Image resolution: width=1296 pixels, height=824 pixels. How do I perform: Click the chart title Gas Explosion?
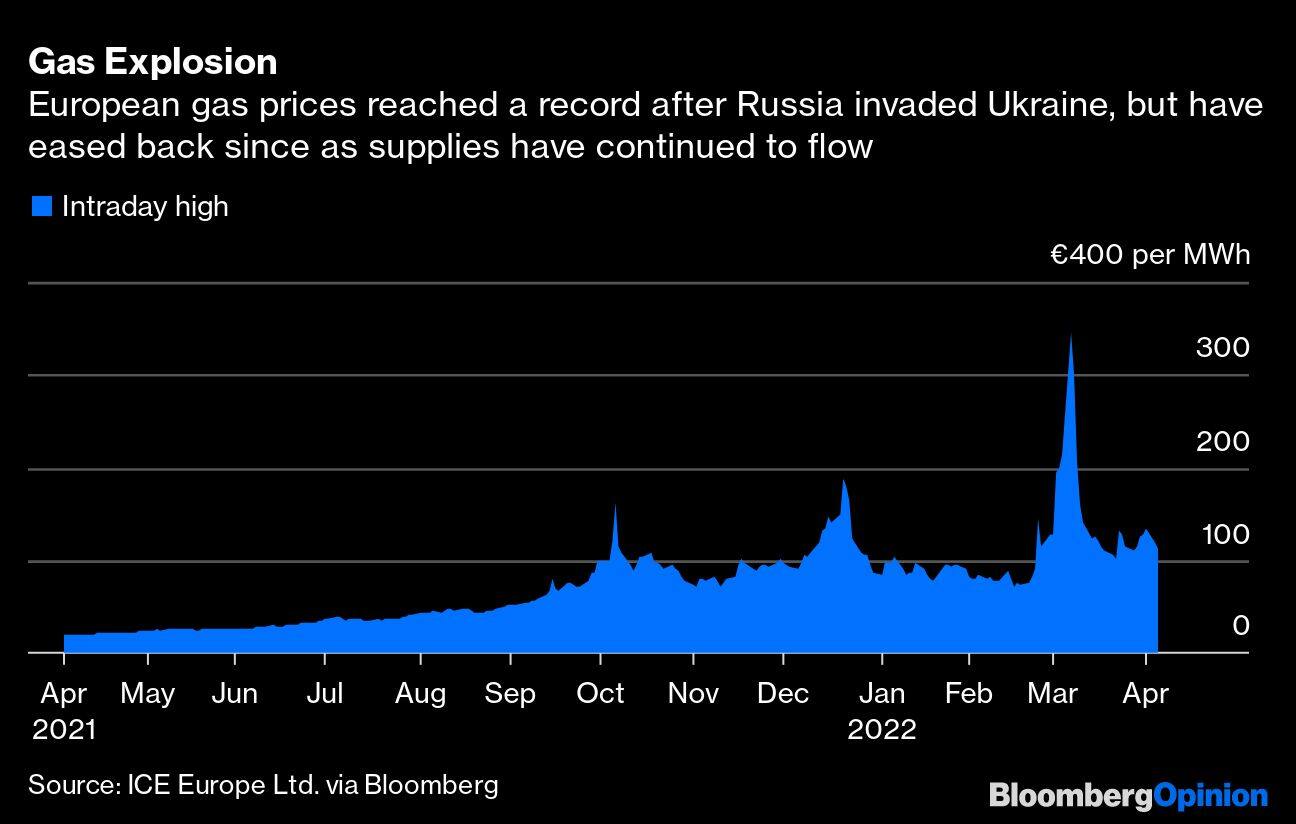[x=153, y=62]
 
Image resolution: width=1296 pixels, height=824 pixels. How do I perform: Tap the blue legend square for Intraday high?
[x=41, y=207]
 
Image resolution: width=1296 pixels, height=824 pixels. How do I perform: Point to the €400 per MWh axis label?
[x=1150, y=255]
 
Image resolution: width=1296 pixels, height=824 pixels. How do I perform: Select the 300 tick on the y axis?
[x=1223, y=347]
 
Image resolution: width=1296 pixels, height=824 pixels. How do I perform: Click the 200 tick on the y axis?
[x=1223, y=441]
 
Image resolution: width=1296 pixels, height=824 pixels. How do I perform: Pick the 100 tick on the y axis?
[x=1223, y=534]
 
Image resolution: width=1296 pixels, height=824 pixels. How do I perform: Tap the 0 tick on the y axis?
[x=1240, y=626]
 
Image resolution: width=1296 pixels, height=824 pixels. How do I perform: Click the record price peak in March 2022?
[x=1071, y=335]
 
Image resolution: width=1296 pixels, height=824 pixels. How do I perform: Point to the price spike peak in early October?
[x=615, y=506]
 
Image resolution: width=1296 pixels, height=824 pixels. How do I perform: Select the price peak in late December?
[x=844, y=481]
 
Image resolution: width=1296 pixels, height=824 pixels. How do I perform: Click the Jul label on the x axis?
[x=324, y=693]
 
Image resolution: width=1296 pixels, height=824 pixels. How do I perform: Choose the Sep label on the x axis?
[x=510, y=693]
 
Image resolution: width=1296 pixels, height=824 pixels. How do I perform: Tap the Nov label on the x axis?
[x=693, y=693]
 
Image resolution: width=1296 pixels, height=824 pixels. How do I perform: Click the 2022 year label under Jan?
[x=881, y=730]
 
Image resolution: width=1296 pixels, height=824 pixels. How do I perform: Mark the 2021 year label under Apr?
[x=64, y=730]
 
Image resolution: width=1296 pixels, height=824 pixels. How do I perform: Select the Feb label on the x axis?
[x=968, y=693]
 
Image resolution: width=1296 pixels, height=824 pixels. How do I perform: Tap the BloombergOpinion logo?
[x=1128, y=796]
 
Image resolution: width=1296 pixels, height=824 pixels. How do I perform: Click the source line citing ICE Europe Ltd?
[x=263, y=784]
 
